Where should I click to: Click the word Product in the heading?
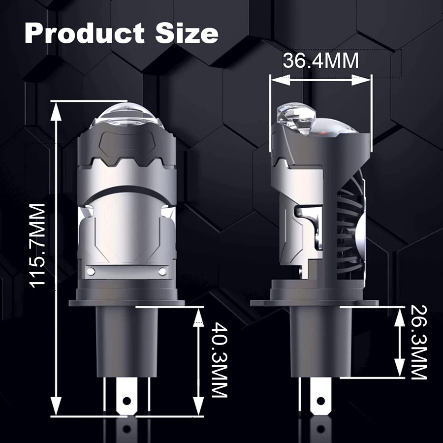(x=85, y=33)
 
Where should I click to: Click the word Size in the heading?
(x=187, y=33)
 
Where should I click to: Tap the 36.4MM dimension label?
(x=320, y=61)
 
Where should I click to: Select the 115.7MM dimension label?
(x=37, y=246)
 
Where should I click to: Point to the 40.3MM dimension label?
(x=219, y=360)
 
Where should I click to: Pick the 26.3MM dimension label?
(x=418, y=342)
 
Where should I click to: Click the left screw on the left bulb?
(x=91, y=272)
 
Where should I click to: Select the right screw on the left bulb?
(x=162, y=272)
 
